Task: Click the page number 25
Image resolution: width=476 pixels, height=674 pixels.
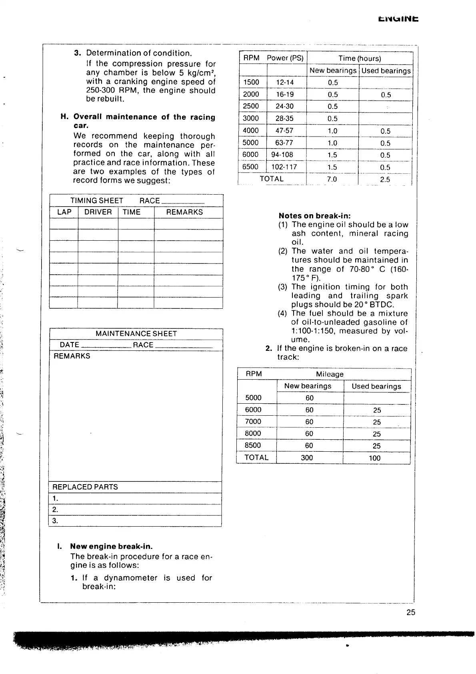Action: [411, 612]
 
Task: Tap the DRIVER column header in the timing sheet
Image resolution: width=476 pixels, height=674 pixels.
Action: [98, 212]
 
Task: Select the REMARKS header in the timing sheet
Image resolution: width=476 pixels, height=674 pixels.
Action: [184, 212]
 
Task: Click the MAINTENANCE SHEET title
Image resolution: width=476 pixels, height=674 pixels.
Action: [136, 334]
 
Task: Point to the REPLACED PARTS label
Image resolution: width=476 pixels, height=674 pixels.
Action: [86, 487]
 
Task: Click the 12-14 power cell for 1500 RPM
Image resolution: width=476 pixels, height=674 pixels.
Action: [285, 82]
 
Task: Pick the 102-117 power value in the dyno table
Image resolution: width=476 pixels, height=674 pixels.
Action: [284, 167]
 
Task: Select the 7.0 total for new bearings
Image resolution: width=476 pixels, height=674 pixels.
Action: [332, 179]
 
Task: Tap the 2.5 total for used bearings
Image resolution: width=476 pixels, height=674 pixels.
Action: [385, 179]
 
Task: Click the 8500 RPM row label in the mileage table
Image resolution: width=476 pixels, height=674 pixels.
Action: [253, 445]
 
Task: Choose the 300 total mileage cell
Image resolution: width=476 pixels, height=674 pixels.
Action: [307, 458]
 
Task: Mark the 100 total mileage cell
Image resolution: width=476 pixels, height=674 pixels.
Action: [375, 458]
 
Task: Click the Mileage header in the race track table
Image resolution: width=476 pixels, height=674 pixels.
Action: [330, 374]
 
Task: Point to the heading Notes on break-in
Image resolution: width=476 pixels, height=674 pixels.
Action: [314, 216]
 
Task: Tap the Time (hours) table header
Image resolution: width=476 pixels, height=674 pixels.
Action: [360, 58]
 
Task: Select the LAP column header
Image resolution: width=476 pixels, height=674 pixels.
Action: [64, 212]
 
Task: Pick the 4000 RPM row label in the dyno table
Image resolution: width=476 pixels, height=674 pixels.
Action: [251, 131]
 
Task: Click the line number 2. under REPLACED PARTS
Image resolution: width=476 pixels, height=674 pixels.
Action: [55, 509]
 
